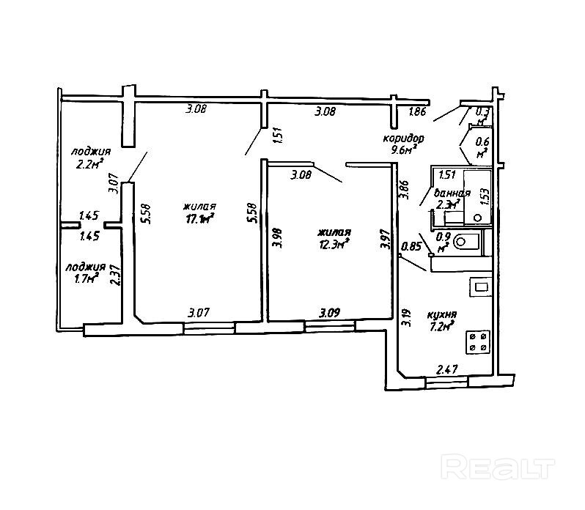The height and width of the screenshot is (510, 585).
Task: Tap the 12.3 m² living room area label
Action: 334,244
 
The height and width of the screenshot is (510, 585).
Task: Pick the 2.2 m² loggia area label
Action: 89,164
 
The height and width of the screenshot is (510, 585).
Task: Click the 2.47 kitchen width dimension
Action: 448,371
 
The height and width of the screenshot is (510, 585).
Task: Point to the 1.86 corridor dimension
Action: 418,112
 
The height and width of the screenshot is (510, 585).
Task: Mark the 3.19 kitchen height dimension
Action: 405,317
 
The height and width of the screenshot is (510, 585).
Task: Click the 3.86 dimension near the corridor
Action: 402,191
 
